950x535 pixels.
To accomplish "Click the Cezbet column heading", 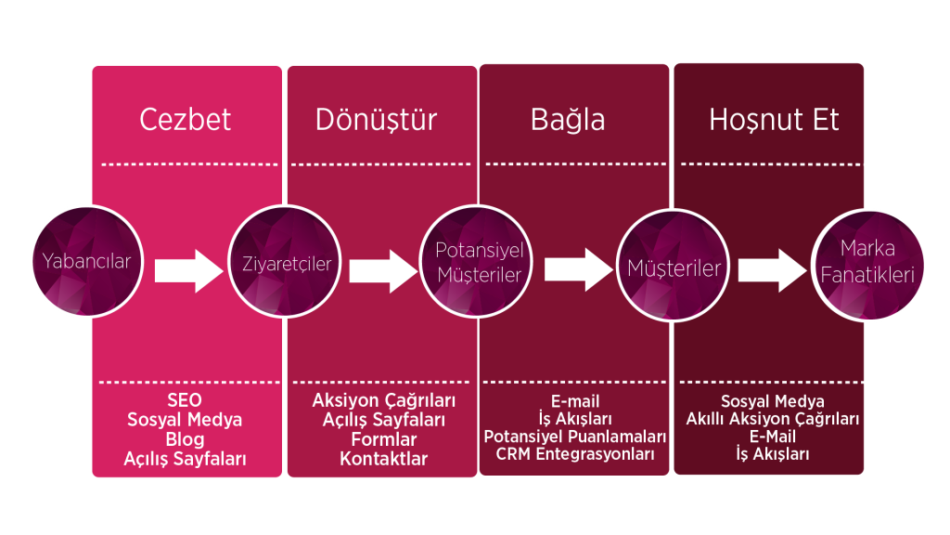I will click(186, 120).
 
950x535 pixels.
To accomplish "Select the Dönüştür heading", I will click(376, 120).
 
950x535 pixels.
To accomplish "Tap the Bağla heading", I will click(568, 120).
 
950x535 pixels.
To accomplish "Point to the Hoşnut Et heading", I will click(774, 120).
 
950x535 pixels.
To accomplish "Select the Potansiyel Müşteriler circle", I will click(479, 263).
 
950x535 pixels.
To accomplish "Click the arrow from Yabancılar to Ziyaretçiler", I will click(189, 269).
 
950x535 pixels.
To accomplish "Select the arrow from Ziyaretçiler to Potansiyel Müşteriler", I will click(383, 269).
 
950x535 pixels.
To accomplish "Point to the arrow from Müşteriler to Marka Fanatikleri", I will click(774, 269).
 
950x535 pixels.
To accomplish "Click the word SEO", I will click(185, 400).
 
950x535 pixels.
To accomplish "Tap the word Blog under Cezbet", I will click(185, 438).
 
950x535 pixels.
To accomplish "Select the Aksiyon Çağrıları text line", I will click(383, 400).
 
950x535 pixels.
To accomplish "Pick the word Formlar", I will click(383, 439).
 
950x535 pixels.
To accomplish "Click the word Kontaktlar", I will click(383, 459).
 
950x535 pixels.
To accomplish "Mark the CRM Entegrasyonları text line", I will click(575, 454).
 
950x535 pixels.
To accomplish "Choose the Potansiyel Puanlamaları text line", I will click(575, 437).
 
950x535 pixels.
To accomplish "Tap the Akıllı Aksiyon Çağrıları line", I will click(772, 419).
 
